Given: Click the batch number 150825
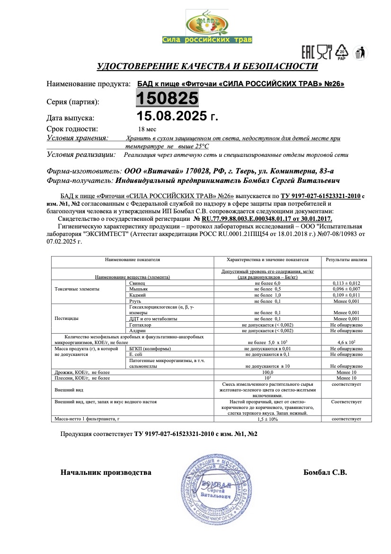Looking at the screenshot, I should (167, 99).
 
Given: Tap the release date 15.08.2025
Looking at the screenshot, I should (177, 117).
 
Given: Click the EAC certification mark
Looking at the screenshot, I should (308, 51).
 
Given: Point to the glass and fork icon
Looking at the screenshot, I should (324, 51).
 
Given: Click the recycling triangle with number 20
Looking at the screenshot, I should (342, 52).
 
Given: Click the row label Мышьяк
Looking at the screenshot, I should (138, 289).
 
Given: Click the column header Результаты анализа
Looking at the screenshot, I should (346, 260).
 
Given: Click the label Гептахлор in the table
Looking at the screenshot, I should (140, 325).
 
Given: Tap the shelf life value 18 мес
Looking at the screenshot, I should (147, 129).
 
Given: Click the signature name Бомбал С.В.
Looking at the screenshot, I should (325, 472).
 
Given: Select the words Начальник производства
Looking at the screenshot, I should (106, 472).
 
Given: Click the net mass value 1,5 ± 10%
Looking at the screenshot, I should (267, 419).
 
